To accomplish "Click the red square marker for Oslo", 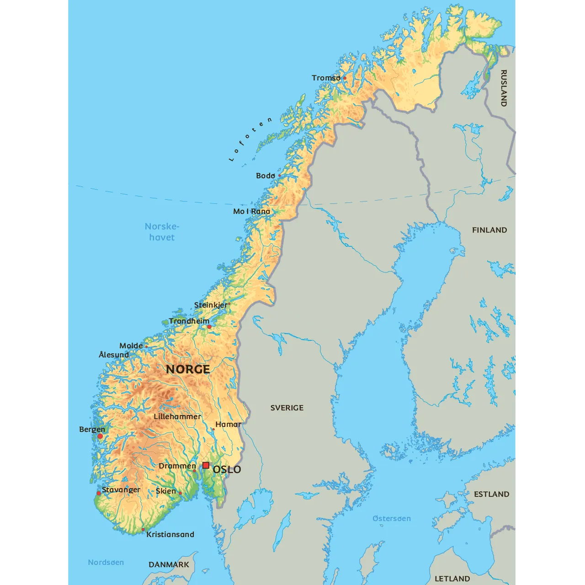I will (x=206, y=465).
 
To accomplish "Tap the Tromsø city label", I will (x=326, y=78).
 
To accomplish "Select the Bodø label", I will (x=266, y=175).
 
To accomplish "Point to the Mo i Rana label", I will (x=251, y=211).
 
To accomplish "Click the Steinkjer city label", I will (x=210, y=305).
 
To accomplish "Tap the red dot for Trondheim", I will (x=209, y=327).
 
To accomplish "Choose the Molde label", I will (x=131, y=346).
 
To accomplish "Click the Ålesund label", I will (x=114, y=355).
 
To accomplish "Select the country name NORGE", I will (x=188, y=369).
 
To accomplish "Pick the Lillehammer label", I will (x=177, y=416).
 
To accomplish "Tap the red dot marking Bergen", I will (x=100, y=436).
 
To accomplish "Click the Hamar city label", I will (x=228, y=424).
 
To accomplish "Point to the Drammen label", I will (x=177, y=466).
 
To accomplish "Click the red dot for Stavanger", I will (x=99, y=493).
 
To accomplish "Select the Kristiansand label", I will (x=170, y=534).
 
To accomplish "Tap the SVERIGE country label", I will (x=287, y=408).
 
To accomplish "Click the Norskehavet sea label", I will (x=162, y=232).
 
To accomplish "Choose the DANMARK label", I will (x=169, y=564).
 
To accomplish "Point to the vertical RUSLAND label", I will (x=504, y=88).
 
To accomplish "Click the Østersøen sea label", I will (x=391, y=518).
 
